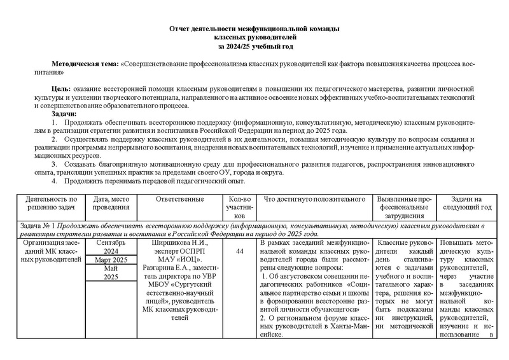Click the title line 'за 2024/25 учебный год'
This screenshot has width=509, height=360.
(254, 47)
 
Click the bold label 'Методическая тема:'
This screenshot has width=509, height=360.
(85, 66)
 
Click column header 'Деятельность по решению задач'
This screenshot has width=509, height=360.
(47, 204)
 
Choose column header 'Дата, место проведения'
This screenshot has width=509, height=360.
(111, 204)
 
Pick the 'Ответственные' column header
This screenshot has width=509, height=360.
(179, 200)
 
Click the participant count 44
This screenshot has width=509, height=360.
(240, 253)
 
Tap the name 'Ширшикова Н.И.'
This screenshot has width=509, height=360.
(178, 243)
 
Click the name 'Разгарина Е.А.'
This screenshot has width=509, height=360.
(165, 270)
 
